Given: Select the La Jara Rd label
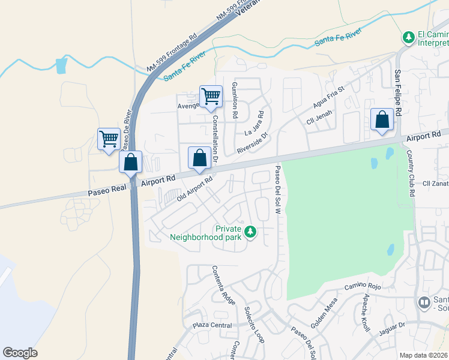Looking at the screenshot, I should click(255, 124).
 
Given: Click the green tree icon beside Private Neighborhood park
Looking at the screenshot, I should click(250, 231).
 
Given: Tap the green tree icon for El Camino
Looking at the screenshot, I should click(408, 38).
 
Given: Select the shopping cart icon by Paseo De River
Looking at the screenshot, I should click(108, 139).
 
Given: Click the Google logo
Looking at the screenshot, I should click(20, 353).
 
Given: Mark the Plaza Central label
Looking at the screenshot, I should click(212, 325).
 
